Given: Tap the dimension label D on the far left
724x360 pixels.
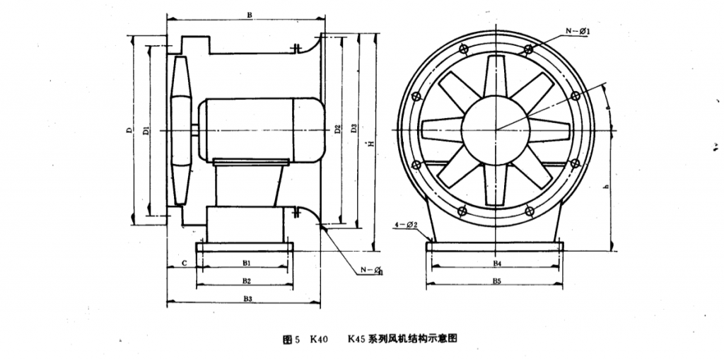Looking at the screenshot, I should pyautogui.click(x=129, y=131).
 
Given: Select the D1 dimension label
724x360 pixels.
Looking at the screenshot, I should pyautogui.click(x=144, y=131).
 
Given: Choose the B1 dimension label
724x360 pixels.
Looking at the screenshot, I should pyautogui.click(x=246, y=262).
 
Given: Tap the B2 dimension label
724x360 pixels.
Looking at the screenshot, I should pyautogui.click(x=246, y=281).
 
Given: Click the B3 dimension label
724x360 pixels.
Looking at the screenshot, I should pyautogui.click(x=246, y=299).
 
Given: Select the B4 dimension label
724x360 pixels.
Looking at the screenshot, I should pyautogui.click(x=497, y=262).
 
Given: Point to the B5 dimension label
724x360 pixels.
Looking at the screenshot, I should pyautogui.click(x=497, y=281).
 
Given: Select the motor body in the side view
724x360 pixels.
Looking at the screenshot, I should pyautogui.click(x=258, y=128).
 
